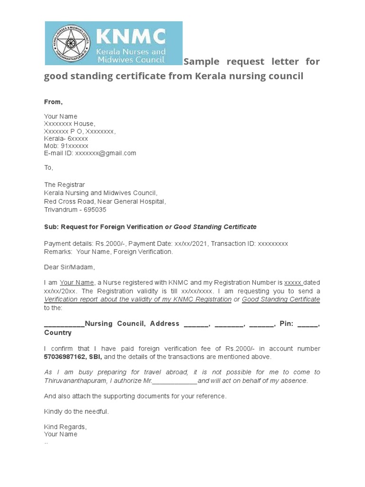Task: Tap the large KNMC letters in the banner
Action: point(131,36)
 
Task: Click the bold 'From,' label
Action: point(53,102)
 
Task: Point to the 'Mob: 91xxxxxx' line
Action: point(66,146)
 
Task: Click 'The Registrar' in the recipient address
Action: point(65,185)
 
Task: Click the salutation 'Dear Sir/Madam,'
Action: point(69,267)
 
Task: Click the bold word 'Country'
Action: point(58,333)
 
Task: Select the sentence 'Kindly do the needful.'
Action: point(77,411)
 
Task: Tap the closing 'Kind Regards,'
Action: point(66,427)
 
